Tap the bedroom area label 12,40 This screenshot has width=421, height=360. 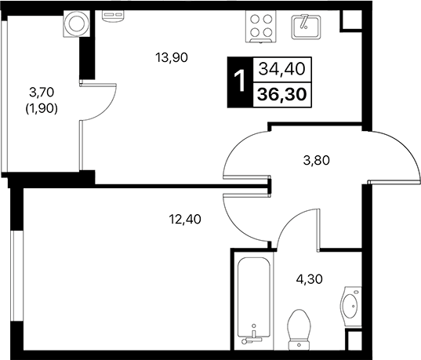185,220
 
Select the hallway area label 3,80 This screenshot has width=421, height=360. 316,162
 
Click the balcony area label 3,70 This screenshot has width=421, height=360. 41,92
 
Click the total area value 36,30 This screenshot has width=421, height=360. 280,95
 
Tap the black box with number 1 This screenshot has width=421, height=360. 239,82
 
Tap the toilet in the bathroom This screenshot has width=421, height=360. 298,330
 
